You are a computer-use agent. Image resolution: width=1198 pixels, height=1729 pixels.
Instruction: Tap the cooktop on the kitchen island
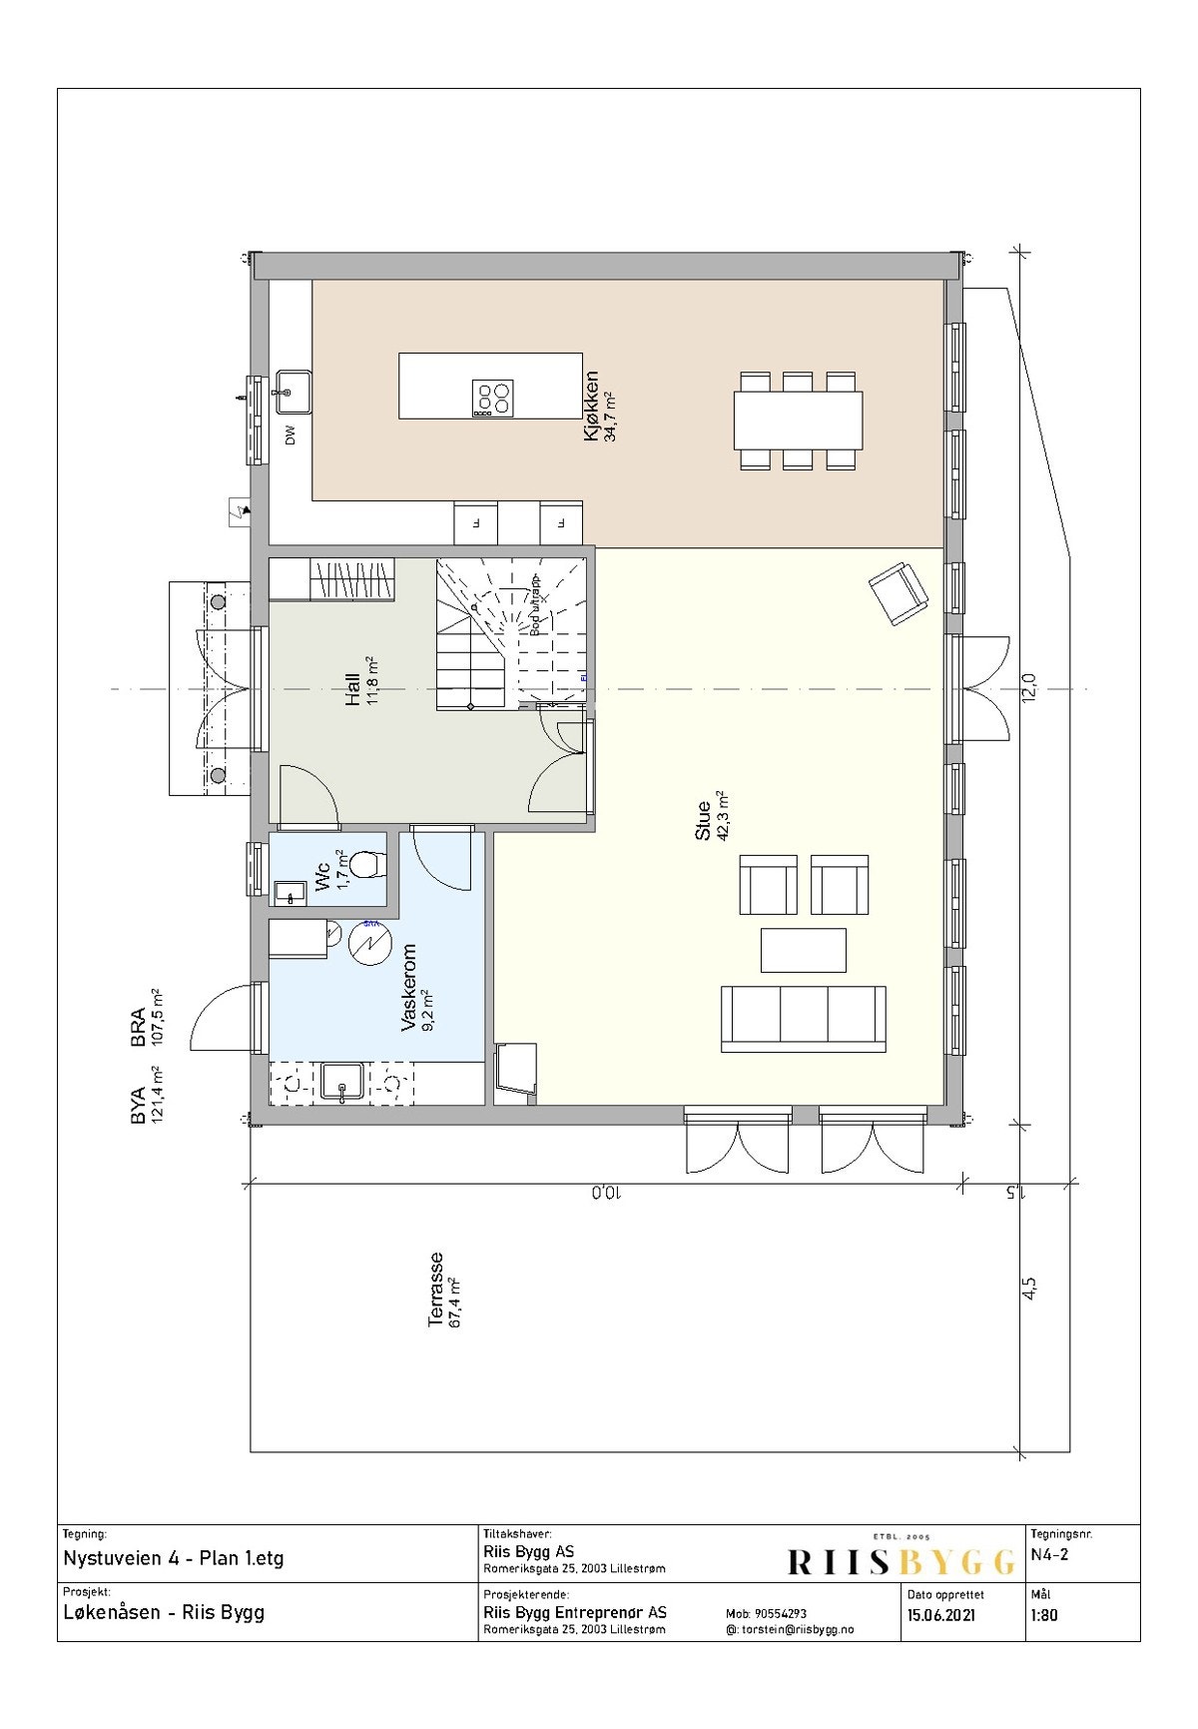tap(492, 400)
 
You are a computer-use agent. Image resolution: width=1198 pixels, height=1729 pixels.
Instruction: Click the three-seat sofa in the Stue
tap(804, 1018)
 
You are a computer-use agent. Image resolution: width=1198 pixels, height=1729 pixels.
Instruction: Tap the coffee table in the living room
tap(804, 950)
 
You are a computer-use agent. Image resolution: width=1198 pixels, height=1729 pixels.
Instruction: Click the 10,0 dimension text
tap(606, 1193)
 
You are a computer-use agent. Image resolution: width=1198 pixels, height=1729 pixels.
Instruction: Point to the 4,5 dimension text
tap(1029, 1290)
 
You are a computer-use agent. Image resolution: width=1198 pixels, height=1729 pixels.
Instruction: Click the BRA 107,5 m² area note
tap(147, 1019)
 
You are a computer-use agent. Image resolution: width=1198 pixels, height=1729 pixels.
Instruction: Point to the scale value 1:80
tap(1043, 1615)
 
